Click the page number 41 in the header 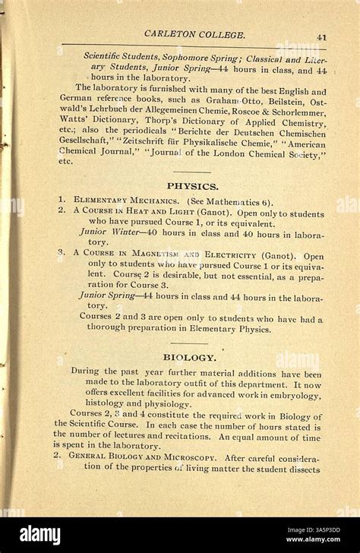pyautogui.click(x=322, y=36)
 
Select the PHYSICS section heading pyautogui.click(x=192, y=185)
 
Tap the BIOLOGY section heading pyautogui.click(x=190, y=356)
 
